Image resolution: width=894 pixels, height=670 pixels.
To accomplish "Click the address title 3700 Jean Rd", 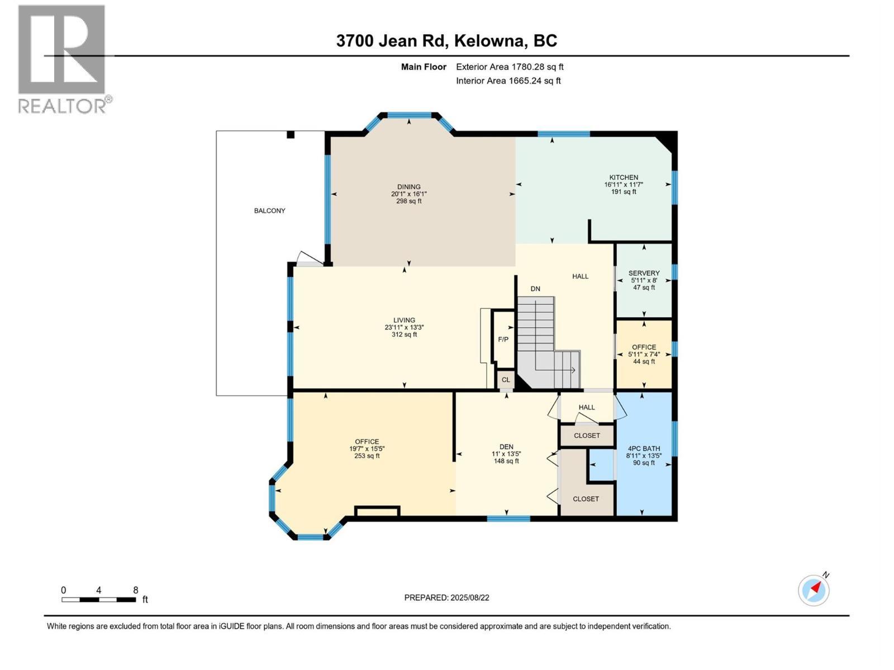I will tap(446, 41).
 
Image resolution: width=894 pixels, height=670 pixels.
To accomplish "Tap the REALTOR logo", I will tap(63, 59).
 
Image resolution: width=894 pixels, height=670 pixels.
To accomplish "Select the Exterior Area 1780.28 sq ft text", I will tap(510, 67).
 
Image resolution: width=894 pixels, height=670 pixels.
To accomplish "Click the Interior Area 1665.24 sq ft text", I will tap(508, 81).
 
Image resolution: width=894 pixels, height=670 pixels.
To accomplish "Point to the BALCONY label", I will tap(269, 211).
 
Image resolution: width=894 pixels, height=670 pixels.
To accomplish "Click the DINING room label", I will tap(408, 187).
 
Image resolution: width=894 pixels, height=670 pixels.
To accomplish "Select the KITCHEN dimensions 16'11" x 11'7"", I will tap(623, 185).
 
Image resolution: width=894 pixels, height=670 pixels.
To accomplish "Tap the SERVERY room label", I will tap(644, 274).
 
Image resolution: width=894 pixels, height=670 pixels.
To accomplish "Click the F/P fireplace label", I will tap(503, 339).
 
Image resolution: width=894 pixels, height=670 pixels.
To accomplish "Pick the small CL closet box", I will tap(506, 380).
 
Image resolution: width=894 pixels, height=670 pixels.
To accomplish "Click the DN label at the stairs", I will tap(535, 289).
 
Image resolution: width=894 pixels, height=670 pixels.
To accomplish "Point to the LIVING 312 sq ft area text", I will tap(403, 335).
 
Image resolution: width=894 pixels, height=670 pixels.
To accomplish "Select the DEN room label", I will tap(506, 447).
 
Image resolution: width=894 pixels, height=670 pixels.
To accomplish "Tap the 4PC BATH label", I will tap(643, 448).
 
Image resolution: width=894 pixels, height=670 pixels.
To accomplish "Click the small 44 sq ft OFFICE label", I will tap(644, 362).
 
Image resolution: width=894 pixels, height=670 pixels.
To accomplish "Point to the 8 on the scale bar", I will tap(135, 590).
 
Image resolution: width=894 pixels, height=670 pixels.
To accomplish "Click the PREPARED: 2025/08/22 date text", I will tap(446, 597).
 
